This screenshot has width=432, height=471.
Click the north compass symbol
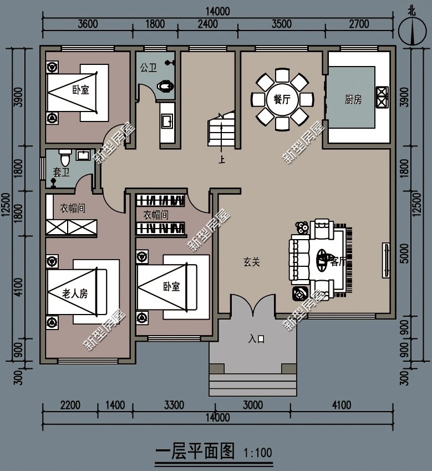(x=412, y=31)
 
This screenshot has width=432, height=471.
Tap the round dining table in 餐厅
(x=282, y=99)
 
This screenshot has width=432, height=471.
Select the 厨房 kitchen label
(x=353, y=99)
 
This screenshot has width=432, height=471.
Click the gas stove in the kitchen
(x=382, y=97)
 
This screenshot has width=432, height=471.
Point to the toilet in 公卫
(x=165, y=86)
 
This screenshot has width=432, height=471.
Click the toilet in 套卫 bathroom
(x=65, y=158)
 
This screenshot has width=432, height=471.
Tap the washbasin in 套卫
(x=83, y=155)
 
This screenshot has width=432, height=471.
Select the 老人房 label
(x=75, y=293)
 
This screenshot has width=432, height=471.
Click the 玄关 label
(x=252, y=262)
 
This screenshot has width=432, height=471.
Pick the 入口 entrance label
(x=256, y=339)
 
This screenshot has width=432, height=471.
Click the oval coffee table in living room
(x=323, y=260)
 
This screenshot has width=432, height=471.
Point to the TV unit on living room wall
(x=386, y=260)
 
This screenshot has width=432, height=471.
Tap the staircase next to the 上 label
(x=221, y=129)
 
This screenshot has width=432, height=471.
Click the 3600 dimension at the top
(x=88, y=24)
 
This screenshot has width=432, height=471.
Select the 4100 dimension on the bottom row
(x=342, y=405)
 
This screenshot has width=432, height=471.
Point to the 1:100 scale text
(x=257, y=453)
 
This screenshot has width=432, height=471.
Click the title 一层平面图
(x=195, y=452)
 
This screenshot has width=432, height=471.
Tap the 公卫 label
(x=148, y=68)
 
